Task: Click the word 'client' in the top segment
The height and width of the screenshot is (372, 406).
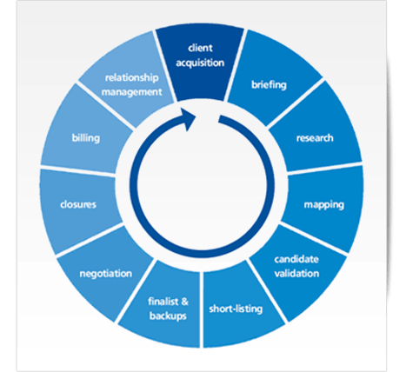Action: [200, 48]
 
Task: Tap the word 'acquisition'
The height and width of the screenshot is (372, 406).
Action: [200, 63]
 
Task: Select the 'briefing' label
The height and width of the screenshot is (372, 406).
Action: [269, 85]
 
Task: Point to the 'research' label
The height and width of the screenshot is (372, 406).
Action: [315, 138]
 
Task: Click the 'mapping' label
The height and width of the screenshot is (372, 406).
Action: [324, 205]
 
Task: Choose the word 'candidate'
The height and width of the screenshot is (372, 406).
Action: [296, 259]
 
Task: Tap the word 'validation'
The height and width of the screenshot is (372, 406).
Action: [296, 273]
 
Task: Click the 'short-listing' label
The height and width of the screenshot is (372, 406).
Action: [236, 309]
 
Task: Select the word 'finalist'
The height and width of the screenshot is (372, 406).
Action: [164, 302]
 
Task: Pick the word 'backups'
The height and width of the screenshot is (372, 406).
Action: [168, 316]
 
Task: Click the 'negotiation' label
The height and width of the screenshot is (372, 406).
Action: [106, 274]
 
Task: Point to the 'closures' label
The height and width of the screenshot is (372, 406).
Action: [78, 204]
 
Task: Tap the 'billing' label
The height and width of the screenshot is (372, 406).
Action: [86, 138]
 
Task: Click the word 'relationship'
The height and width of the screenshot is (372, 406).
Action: [132, 78]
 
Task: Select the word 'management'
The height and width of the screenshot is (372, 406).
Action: [132, 92]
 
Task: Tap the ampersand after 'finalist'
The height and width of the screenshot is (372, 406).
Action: [184, 302]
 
